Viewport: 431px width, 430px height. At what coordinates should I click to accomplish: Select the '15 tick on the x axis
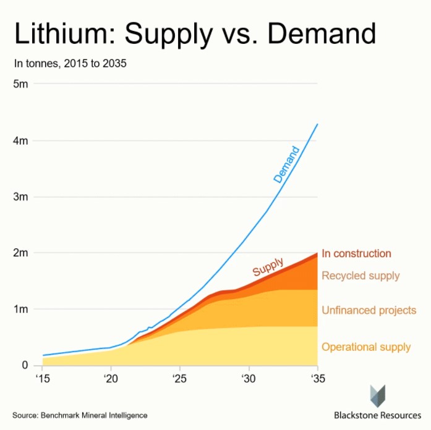(x=42, y=378)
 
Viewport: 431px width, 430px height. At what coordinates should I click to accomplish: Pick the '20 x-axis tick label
(x=111, y=378)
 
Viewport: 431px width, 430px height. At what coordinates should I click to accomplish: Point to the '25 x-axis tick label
(x=179, y=378)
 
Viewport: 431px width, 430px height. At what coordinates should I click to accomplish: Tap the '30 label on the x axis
(x=249, y=378)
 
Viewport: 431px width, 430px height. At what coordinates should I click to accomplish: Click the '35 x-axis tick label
(x=317, y=378)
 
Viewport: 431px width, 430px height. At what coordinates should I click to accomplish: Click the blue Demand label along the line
(x=286, y=164)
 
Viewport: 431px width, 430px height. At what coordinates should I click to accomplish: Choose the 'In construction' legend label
(x=356, y=254)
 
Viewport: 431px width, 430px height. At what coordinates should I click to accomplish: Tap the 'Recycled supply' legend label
(x=361, y=276)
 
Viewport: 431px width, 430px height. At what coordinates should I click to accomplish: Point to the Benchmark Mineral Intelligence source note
(x=80, y=415)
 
